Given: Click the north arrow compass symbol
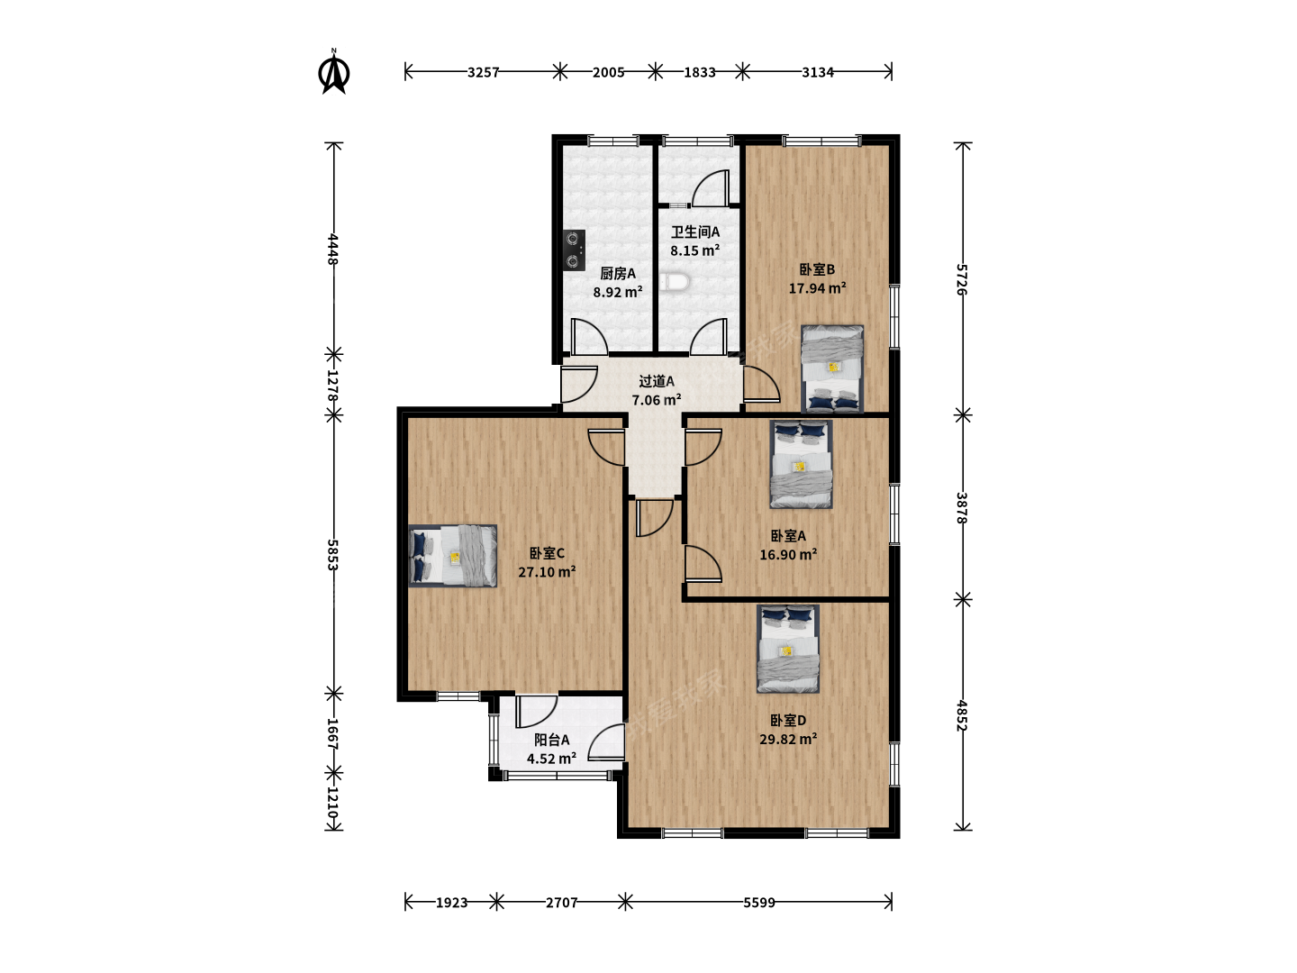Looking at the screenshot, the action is [x=334, y=71].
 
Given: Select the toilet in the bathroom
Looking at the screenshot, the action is [x=675, y=282].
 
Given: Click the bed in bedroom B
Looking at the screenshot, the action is [x=832, y=368].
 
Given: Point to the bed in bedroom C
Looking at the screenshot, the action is [x=453, y=556].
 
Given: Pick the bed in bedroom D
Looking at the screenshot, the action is [x=787, y=649].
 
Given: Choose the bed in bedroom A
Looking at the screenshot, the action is [x=801, y=464].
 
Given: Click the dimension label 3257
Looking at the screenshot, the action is [x=483, y=73].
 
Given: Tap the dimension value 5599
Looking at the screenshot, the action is [x=758, y=903].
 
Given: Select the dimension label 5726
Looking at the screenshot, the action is [x=962, y=279].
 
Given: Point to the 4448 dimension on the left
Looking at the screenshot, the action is [x=333, y=249].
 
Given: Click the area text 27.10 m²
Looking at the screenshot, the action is [x=547, y=572].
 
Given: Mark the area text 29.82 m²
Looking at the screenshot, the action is [x=788, y=739].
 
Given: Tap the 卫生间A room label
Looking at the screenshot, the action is [x=694, y=232].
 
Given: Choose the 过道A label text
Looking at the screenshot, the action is [x=657, y=382].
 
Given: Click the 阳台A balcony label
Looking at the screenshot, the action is [x=552, y=740].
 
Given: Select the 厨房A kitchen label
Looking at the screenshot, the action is [x=618, y=274].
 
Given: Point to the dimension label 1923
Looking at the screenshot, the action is [x=451, y=903].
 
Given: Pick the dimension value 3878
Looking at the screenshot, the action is [x=962, y=507].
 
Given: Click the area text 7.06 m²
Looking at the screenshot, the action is [x=657, y=400].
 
